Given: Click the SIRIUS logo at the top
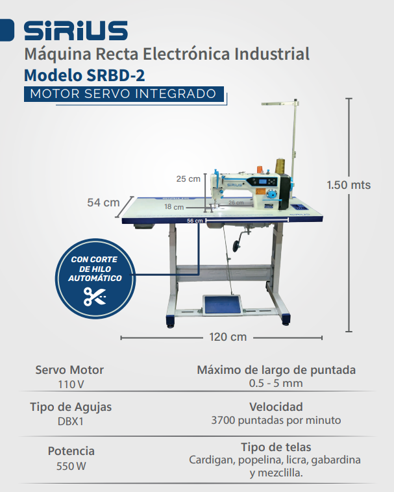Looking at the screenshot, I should (x=75, y=31).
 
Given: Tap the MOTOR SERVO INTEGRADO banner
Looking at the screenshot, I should (x=123, y=93).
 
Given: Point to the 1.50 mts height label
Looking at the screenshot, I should (x=349, y=185).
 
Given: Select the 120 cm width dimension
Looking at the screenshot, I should (x=228, y=337).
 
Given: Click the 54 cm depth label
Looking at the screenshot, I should (x=103, y=203).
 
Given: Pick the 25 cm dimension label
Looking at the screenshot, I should (x=189, y=178).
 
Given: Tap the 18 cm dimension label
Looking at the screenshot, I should (x=173, y=206).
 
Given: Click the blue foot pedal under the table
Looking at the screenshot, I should (x=221, y=304).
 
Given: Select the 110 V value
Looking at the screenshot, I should (x=69, y=384).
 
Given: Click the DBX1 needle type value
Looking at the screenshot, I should (x=69, y=421).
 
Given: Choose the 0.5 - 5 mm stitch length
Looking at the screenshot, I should (x=276, y=383).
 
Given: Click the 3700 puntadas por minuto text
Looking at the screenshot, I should (x=276, y=420).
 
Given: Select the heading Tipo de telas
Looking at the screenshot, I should (x=275, y=447).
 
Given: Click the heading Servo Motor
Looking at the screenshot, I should (x=69, y=370).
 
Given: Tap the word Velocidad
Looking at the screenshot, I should (x=276, y=407).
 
